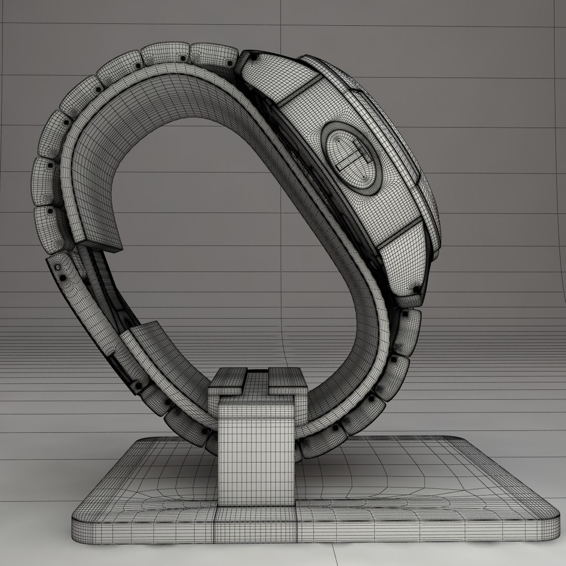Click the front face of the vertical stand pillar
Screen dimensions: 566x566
click(255, 451)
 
